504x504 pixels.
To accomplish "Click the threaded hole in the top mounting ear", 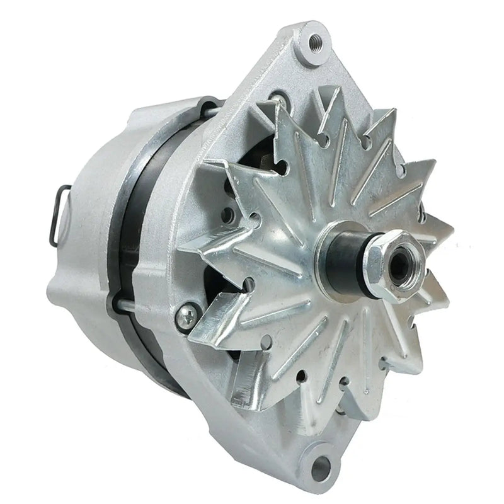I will pyautogui.click(x=316, y=44).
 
